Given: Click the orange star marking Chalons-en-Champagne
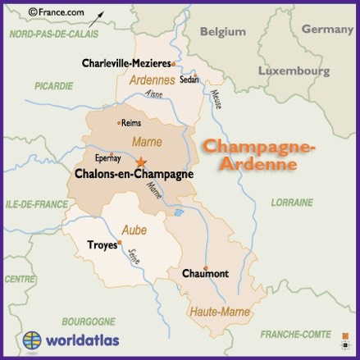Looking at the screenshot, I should [141, 162].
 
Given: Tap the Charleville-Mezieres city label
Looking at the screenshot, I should [126, 63].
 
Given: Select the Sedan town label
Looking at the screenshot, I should [189, 80].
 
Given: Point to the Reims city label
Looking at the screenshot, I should [130, 123].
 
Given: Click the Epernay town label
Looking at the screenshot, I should [108, 157].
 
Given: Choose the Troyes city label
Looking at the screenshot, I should [102, 244].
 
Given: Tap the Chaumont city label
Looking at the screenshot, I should [205, 273].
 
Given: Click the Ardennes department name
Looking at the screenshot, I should [152, 80].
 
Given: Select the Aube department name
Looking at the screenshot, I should [134, 230].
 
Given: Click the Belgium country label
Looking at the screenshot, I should [222, 31].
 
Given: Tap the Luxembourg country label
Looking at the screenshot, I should [293, 71].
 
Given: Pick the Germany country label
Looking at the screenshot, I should [327, 29].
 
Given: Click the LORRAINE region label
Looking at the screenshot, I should [292, 202].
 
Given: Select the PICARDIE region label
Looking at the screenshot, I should [54, 85].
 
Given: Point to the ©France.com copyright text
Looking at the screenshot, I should [57, 13].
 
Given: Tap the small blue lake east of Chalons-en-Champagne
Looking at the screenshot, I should [178, 212].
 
